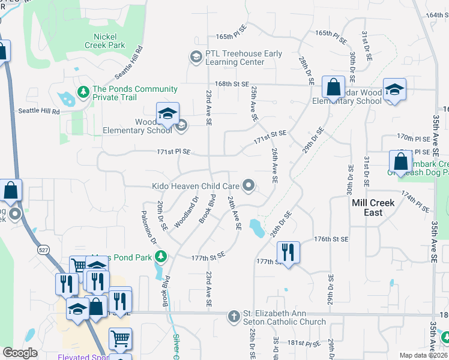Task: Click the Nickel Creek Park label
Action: pos(104,41)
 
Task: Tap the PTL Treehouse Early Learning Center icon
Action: pos(196,57)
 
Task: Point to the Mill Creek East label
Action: pos(373,208)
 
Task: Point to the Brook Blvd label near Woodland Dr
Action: pos(207,208)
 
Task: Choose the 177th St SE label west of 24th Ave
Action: pos(208,256)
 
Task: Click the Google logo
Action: pos(20,353)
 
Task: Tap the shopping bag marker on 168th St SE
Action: pos(333,87)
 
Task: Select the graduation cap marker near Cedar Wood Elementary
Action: pos(394,89)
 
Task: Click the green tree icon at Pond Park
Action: pos(160,257)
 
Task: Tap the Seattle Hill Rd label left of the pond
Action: pos(40,111)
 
